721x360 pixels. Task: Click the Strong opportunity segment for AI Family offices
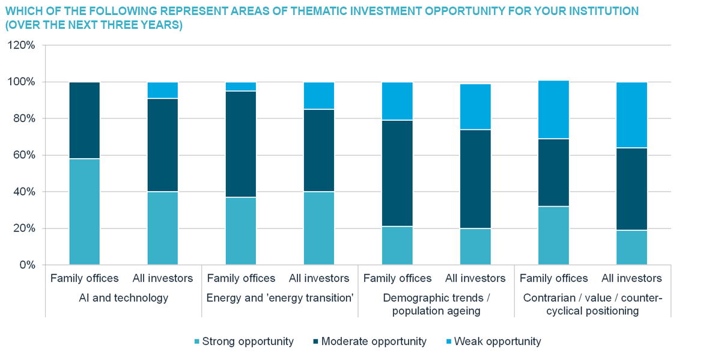[85, 212]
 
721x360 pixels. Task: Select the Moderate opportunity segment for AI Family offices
[85, 120]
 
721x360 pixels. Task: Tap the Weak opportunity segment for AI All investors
[163, 90]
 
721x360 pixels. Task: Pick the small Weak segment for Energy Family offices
[241, 87]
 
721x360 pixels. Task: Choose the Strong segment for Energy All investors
[319, 228]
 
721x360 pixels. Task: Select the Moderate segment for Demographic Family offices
[397, 173]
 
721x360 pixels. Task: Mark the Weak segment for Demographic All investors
[475, 106]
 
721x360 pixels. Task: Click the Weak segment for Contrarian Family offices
[553, 109]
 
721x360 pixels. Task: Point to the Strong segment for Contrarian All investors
[631, 247]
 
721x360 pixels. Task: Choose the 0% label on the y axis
[26, 265]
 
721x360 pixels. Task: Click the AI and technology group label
[124, 297]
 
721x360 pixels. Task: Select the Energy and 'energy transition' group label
[279, 297]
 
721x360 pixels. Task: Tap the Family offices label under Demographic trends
[397, 278]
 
